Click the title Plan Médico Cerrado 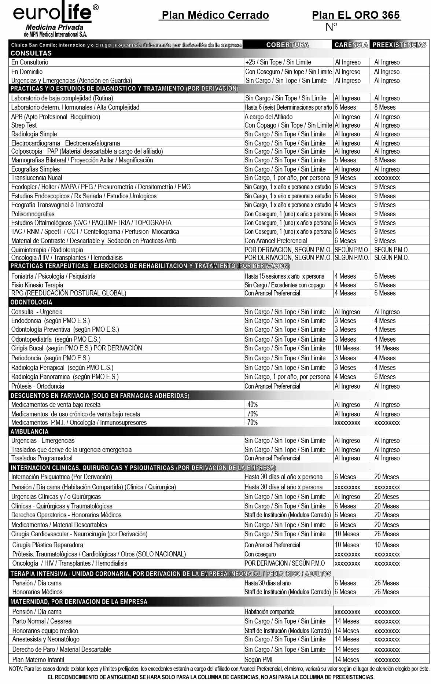215,15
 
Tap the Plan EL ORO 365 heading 356,15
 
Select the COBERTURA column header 287,45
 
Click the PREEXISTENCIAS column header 399,45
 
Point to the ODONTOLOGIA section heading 31,302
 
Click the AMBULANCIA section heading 29,431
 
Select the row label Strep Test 24,125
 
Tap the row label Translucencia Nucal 37,178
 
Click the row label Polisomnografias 33,214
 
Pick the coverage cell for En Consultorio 278,62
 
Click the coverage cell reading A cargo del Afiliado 269,117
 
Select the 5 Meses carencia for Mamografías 345,160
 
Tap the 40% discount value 253,405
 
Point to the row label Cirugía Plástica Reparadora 48,545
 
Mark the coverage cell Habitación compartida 269,612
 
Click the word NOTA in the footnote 16,669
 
